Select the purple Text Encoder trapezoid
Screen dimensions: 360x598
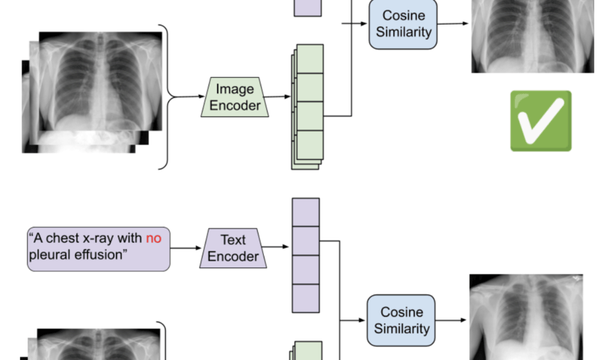233,248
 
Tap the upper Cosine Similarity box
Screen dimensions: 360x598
401,25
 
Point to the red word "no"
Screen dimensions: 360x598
152,240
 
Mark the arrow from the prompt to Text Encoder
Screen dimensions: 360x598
186,247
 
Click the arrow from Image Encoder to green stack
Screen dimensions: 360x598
277,96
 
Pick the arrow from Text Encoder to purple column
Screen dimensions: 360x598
277,247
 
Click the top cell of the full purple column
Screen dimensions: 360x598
305,212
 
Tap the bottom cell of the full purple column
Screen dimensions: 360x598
305,297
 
